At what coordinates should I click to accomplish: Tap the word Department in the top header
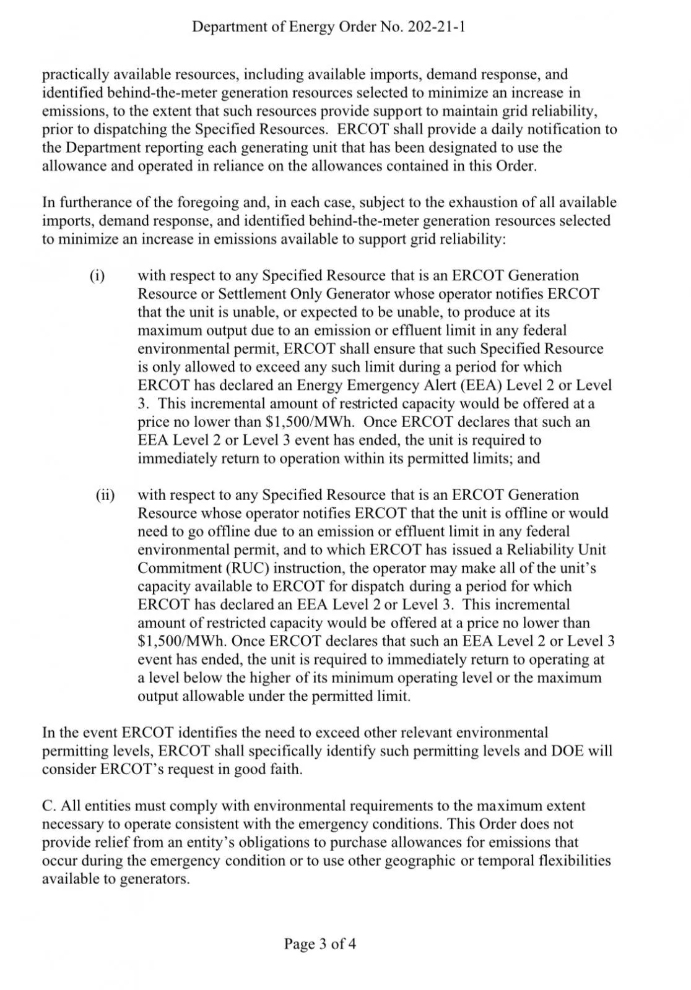point(225,27)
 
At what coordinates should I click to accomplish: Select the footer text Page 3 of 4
point(320,944)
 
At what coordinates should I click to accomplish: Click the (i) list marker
point(97,275)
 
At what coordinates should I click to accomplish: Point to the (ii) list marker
point(105,495)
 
